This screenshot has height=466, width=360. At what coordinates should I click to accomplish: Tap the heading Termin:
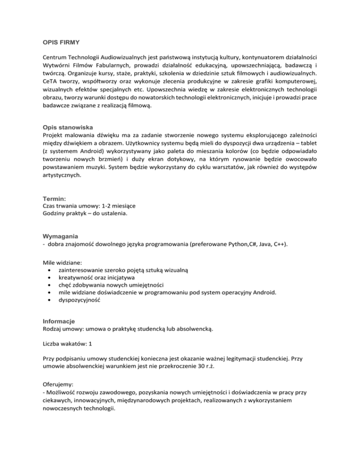pyautogui.click(x=50, y=199)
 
